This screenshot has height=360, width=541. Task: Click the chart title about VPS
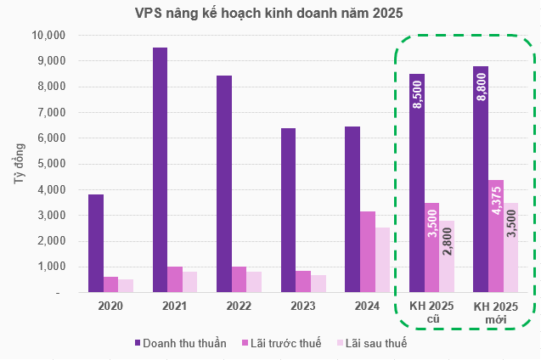click(x=269, y=14)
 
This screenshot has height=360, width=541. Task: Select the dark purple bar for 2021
click(x=160, y=170)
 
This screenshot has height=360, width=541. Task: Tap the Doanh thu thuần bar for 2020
click(x=96, y=243)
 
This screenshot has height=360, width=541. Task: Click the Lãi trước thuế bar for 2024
click(x=368, y=251)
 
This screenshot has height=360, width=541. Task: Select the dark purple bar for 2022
click(x=224, y=183)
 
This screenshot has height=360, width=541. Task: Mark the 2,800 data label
click(x=448, y=254)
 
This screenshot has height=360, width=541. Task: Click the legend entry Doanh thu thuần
click(x=180, y=343)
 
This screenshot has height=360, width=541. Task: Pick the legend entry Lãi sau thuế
click(x=372, y=343)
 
